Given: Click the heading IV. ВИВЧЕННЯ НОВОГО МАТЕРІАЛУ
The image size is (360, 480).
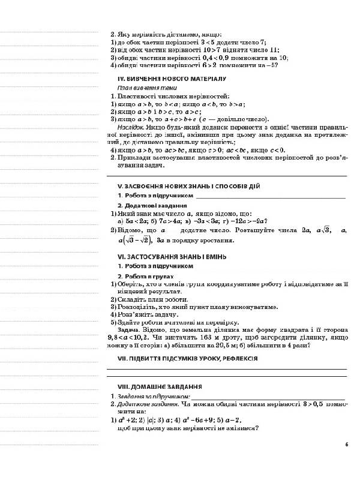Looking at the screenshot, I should [x=171, y=79].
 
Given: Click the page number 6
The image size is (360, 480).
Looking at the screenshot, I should [x=347, y=445].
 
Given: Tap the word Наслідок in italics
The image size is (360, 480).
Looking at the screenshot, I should [x=130, y=127].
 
